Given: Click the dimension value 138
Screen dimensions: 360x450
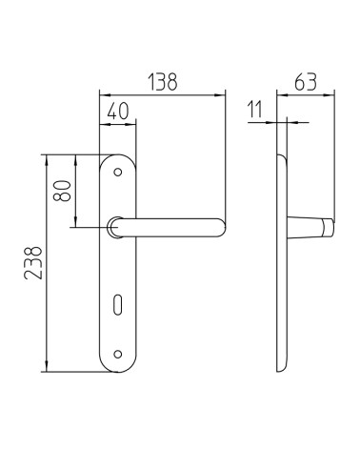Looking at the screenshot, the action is tap(163, 82).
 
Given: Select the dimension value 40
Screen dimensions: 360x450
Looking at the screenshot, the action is tap(118, 111).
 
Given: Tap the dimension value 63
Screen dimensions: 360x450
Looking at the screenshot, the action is tap(306, 82).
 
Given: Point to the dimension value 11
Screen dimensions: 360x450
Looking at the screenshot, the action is tap(255, 110).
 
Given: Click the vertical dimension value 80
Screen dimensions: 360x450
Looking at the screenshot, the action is tap(62, 191).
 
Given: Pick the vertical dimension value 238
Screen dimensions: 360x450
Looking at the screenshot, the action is tap(33, 263).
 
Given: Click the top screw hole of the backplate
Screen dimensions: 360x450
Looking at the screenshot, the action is tap(118, 173).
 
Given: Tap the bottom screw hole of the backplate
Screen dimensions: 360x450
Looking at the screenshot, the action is tap(118, 354).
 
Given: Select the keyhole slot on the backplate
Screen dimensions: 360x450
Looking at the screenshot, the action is tap(118, 306).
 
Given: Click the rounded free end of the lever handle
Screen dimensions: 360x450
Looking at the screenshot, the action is tap(220, 228).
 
